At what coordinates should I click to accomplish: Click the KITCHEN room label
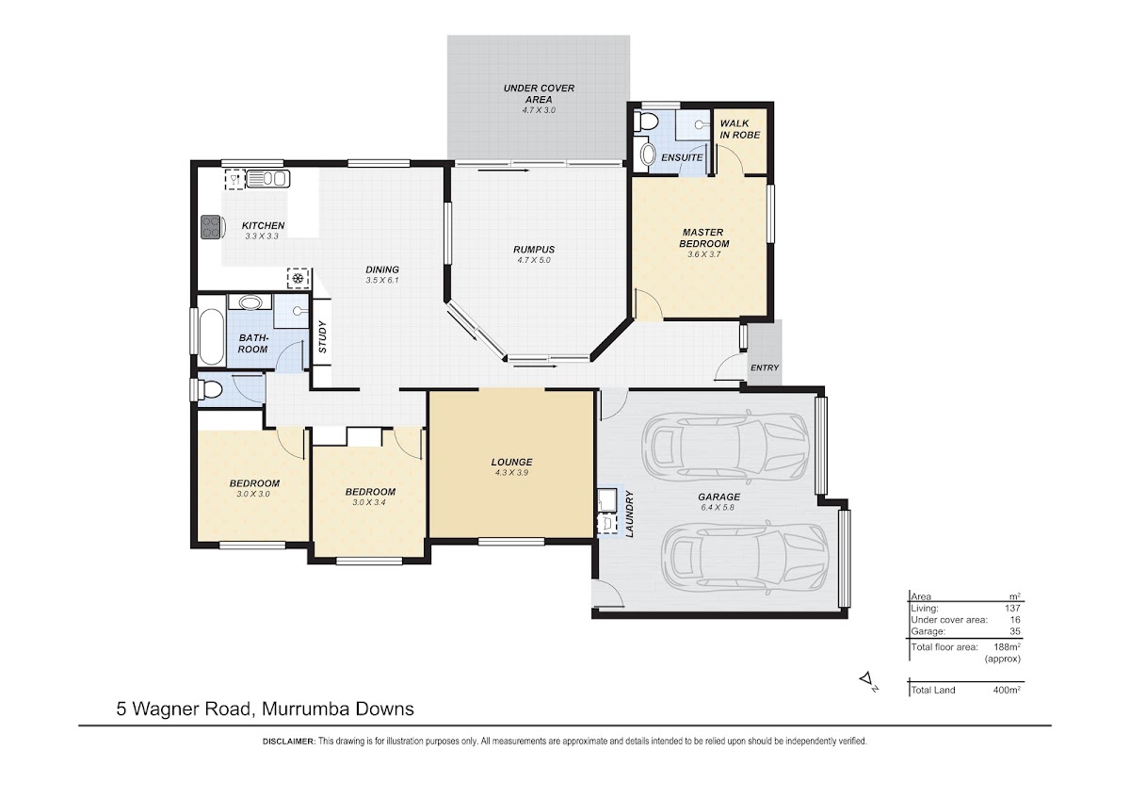click(x=263, y=225)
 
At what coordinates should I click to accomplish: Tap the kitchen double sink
click(x=267, y=179)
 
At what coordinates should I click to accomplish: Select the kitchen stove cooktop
click(x=211, y=227)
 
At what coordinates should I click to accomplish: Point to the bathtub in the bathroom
click(x=211, y=336)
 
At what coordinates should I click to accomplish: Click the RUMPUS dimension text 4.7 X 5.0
click(x=534, y=260)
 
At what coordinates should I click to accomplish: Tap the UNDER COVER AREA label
click(x=539, y=94)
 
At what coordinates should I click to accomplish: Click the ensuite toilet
click(x=646, y=122)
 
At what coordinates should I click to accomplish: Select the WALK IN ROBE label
click(x=739, y=129)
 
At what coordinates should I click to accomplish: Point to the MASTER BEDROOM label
click(x=703, y=237)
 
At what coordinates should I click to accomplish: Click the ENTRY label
click(x=765, y=368)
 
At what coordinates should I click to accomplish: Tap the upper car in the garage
click(x=725, y=446)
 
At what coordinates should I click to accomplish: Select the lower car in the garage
click(x=745, y=557)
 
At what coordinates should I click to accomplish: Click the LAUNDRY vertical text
click(x=630, y=514)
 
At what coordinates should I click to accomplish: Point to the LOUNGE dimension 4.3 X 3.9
click(x=511, y=473)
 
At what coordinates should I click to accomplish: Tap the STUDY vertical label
click(x=323, y=337)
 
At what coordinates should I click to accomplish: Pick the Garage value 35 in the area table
click(x=1015, y=631)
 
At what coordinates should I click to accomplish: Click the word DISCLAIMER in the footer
click(x=289, y=742)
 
